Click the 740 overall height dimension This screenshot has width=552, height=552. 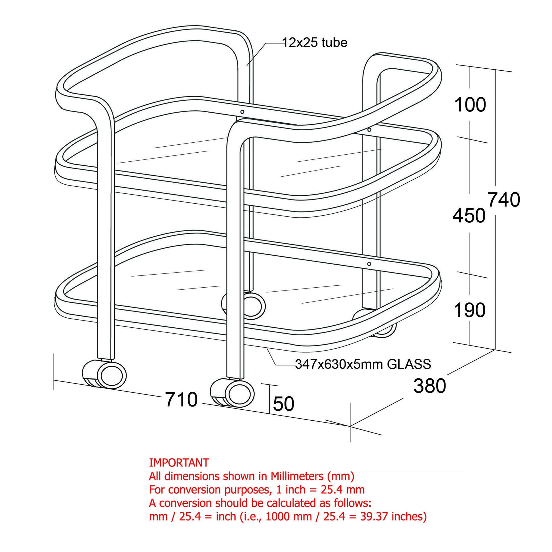coord(503,200)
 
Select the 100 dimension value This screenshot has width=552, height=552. coord(470,105)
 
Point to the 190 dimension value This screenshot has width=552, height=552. coord(469,310)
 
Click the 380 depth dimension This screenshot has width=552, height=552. coord(430,386)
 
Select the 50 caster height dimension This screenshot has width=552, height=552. coord(283,404)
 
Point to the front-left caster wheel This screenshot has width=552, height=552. coord(112,375)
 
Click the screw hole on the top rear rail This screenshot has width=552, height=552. coord(242,112)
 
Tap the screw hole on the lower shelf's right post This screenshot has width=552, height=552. coord(369,264)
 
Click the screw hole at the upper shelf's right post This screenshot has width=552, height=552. coord(369,130)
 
